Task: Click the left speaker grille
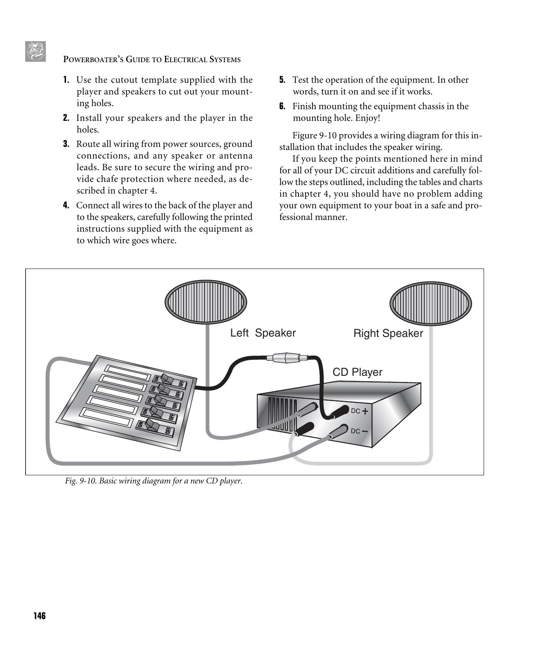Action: (x=206, y=302)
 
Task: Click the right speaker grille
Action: (x=430, y=303)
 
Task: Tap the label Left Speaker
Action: (x=263, y=333)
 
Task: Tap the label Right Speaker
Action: (x=388, y=333)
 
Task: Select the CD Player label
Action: (x=357, y=372)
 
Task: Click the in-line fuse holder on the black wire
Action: (x=286, y=358)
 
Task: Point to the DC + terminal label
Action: (x=359, y=411)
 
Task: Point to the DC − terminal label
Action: (x=359, y=431)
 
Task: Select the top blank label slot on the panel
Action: (x=128, y=373)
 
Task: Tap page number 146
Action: (x=39, y=616)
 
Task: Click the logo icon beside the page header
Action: (x=35, y=51)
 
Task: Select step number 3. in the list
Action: (x=66, y=144)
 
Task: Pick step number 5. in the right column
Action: (x=282, y=80)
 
